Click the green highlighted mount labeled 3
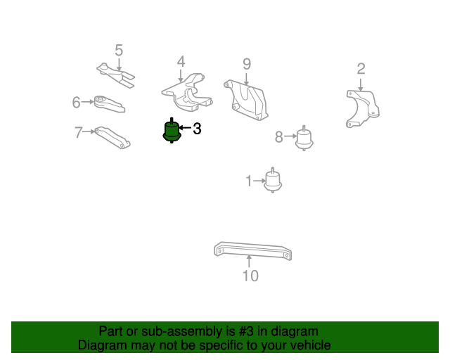172,131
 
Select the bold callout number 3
197,129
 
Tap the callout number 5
119,50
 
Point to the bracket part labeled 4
187,93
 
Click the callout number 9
247,64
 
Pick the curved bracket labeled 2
362,108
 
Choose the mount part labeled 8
304,139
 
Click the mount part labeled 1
273,180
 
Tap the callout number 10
250,276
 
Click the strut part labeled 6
110,104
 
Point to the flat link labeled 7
112,138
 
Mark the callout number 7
78,132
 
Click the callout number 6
76,103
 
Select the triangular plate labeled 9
246,100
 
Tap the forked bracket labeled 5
116,75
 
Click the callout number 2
361,69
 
